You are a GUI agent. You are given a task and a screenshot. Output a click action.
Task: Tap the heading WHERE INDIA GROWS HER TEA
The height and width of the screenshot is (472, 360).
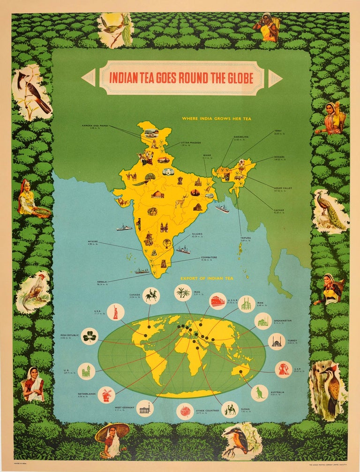click(217, 118)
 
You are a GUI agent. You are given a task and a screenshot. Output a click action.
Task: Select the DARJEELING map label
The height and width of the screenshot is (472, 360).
click(241, 137)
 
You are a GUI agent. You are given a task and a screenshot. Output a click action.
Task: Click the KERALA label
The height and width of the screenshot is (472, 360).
click(102, 282)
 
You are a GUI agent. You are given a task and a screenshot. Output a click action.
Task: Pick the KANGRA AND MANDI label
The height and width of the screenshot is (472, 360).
click(95, 125)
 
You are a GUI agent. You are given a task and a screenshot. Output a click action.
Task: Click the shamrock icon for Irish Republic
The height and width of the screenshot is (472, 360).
click(89, 336)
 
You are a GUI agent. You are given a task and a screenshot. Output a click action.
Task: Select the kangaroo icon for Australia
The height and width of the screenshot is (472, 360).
click(259, 392)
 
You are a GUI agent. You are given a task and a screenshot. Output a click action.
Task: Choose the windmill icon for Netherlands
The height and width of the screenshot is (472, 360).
click(106, 394)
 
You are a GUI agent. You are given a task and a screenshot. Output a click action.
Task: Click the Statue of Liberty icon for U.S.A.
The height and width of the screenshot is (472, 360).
click(115, 312)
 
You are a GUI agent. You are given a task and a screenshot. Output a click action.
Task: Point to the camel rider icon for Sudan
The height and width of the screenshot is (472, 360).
click(230, 409)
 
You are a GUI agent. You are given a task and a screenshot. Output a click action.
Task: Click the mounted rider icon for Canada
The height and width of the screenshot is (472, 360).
click(151, 295)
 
